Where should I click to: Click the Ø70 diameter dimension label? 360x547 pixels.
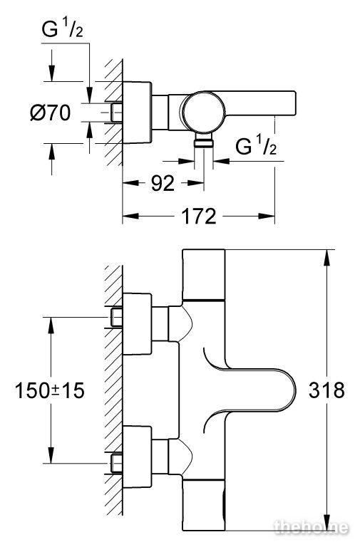pos(51,113)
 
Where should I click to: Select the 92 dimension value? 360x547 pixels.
pos(163,183)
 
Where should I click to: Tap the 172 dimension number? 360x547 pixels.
pos(199,217)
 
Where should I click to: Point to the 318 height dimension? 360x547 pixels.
pos(326,390)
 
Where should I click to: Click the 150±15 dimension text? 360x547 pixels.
pos(50,390)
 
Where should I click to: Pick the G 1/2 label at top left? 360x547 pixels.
pos(63,29)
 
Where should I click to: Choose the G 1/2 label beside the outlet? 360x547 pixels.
pos(256,145)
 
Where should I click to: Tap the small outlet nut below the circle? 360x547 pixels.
pos(204,142)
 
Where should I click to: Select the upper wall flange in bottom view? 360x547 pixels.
pos(137,324)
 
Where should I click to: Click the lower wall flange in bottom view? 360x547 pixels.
pos(137,457)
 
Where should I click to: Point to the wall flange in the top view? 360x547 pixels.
pos(137,113)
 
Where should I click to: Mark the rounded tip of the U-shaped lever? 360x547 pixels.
pos(294,390)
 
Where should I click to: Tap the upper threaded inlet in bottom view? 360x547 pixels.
pos(116,318)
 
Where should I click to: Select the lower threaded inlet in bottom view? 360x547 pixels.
pos(116,463)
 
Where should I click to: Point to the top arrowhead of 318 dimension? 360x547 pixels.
pos(326,257)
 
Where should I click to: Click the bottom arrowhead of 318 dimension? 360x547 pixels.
pos(326,523)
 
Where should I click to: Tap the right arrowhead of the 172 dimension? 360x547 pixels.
pos(267,217)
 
